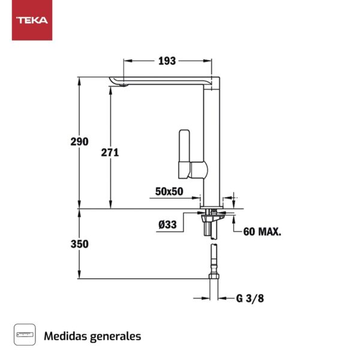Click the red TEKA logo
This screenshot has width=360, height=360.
(32, 20)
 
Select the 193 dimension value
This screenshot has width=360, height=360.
(167, 61)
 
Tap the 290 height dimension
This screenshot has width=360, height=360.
(79, 142)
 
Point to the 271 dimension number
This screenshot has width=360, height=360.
(110, 152)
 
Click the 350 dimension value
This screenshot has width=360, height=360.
(79, 244)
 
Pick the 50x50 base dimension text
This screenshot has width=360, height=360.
(169, 191)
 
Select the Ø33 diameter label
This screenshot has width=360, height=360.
(167, 225)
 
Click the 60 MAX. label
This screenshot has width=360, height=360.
(262, 232)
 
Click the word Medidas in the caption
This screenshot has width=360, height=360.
(65, 336)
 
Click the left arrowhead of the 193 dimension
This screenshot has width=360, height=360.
(125, 61)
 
